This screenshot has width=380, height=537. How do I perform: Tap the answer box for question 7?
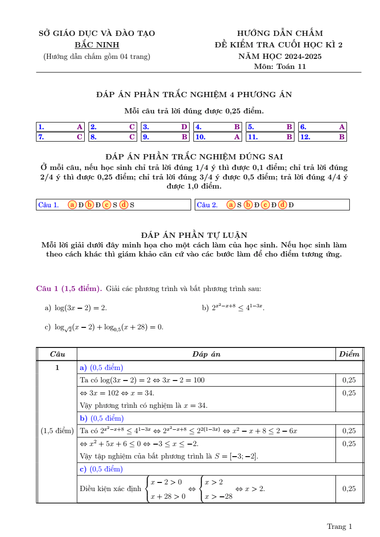pos(60,137)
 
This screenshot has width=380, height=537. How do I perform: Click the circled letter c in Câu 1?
pos(107,205)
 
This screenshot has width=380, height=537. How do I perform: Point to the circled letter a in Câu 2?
pos(231,205)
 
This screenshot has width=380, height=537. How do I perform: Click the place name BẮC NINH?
pos(97,45)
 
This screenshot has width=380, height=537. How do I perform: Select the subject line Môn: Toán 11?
pos(280,67)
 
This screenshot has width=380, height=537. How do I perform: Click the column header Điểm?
pos(349,354)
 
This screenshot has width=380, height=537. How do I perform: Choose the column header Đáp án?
pos(206,354)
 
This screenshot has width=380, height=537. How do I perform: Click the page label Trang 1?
pos(339,526)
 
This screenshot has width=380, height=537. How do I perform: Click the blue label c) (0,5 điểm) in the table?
pos(101,469)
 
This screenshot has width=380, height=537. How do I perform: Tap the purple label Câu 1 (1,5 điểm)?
pos(69,289)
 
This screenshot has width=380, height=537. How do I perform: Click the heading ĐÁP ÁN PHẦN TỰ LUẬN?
pos(194,235)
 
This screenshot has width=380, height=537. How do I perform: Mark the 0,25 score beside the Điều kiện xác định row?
pos(349,489)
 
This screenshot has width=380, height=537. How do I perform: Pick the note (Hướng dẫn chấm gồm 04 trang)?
pos(97,56)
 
